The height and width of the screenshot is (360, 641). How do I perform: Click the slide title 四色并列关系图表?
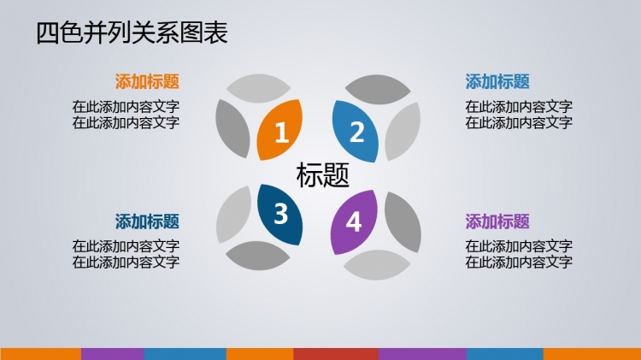tap(132, 32)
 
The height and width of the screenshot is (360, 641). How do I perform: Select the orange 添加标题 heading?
tap(147, 81)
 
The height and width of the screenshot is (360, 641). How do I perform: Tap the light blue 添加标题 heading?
tap(497, 81)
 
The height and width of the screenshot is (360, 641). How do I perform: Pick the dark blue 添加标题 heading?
tap(147, 221)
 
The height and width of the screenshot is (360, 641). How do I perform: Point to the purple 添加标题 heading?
tap(497, 221)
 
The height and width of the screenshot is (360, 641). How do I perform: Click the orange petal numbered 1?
tap(279, 130)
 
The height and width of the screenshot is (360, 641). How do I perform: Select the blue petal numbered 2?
tap(355, 132)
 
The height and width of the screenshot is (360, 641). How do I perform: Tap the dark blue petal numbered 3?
tap(280, 215)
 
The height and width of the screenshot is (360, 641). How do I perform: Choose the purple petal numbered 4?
tap(354, 222)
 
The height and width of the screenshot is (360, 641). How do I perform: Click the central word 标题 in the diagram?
tap(322, 174)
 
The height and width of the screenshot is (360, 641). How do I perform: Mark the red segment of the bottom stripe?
tap(336, 354)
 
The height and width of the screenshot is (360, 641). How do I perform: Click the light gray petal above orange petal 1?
tap(258, 88)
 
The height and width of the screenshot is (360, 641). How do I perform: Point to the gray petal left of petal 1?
tap(232, 128)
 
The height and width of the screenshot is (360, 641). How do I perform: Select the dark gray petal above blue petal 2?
tap(378, 89)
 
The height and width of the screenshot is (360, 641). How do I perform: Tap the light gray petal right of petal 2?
tap(403, 132)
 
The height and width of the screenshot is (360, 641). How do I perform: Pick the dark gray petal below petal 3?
tap(257, 256)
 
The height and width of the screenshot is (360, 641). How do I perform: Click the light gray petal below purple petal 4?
tap(377, 265)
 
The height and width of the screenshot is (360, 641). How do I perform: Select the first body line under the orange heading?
tap(126, 107)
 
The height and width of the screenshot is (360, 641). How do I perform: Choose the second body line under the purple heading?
tap(519, 262)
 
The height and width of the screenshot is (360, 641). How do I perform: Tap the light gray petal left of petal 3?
tap(233, 215)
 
